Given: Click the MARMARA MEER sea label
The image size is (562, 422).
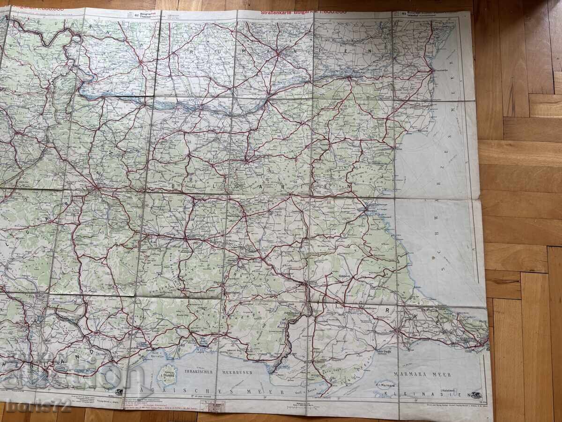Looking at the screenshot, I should click(x=422, y=375).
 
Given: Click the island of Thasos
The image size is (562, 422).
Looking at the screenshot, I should click(x=166, y=375).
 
